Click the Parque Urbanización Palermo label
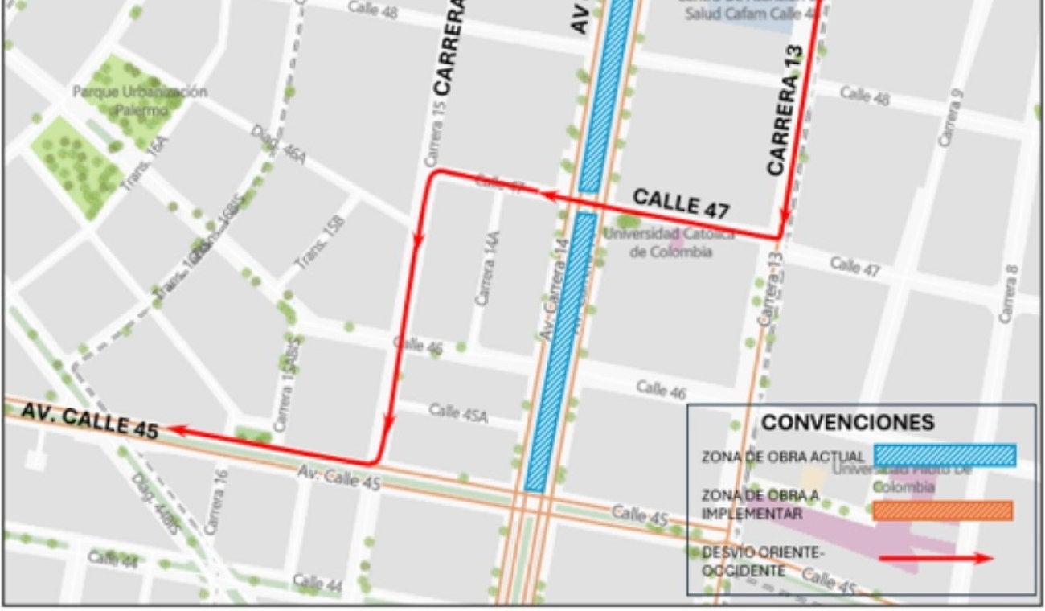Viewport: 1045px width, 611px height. pyautogui.click(x=140, y=100)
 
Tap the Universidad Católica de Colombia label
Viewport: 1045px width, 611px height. pyautogui.click(x=670, y=242)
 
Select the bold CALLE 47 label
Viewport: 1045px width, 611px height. pyautogui.click(x=681, y=203)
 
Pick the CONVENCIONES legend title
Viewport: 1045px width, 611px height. pyautogui.click(x=847, y=422)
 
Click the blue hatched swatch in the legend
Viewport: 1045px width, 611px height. pyautogui.click(x=945, y=455)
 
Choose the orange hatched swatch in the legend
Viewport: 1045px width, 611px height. pyautogui.click(x=942, y=511)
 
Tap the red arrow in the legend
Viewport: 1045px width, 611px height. pyautogui.click(x=936, y=559)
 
